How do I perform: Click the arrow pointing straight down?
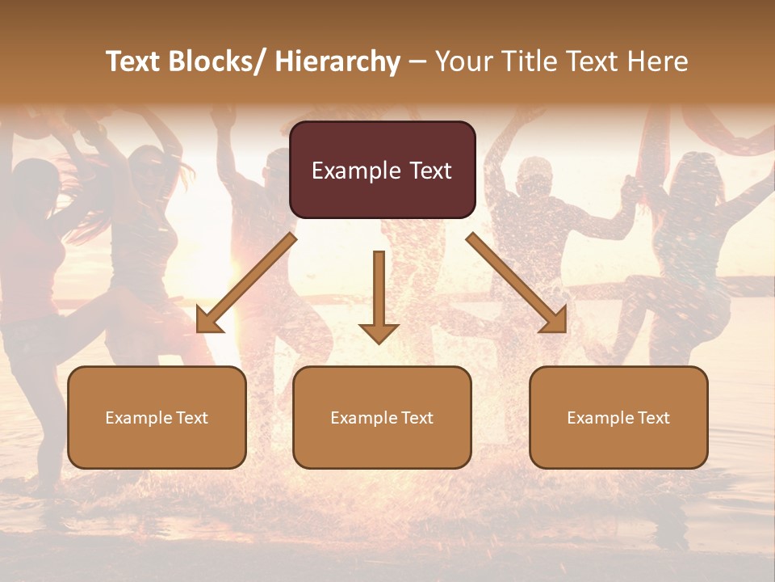point(379,295)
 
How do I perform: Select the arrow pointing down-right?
point(516,282)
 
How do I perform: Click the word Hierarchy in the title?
point(337,61)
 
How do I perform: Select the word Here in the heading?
point(658,61)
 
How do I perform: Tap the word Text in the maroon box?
point(429,171)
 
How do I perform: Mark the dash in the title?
point(417,61)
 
